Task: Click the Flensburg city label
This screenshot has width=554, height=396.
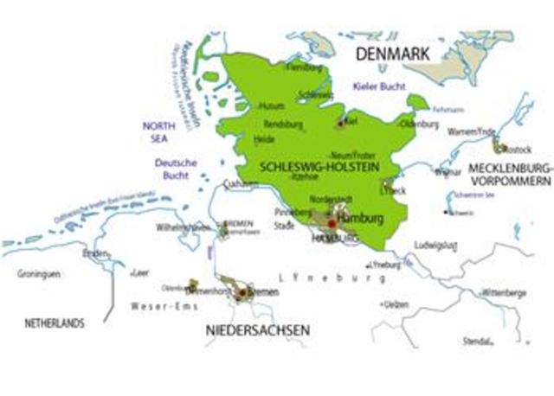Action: (305, 67)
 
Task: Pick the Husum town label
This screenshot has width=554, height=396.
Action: (271, 105)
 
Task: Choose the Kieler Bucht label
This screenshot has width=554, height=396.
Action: (379, 87)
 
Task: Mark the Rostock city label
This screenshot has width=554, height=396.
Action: (518, 149)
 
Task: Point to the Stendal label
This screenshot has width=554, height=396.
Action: (477, 341)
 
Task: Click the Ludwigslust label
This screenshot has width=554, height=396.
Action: (435, 245)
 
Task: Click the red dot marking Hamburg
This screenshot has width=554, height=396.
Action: (331, 223)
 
